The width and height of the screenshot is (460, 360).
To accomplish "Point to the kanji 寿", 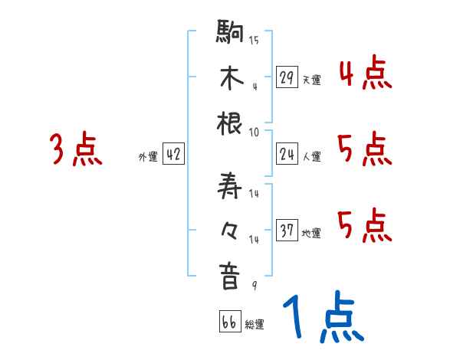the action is (230, 186).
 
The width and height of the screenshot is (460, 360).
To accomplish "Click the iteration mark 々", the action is (230, 231).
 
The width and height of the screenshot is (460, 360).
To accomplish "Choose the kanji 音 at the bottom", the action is (230, 277).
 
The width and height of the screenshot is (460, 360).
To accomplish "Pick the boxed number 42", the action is (173, 155).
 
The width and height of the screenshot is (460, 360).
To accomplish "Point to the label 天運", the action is (311, 80).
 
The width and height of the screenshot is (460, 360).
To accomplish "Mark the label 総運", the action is (255, 325).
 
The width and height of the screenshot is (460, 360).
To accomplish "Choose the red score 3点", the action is (76, 150).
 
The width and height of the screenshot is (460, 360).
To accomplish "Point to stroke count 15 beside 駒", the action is (254, 40).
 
